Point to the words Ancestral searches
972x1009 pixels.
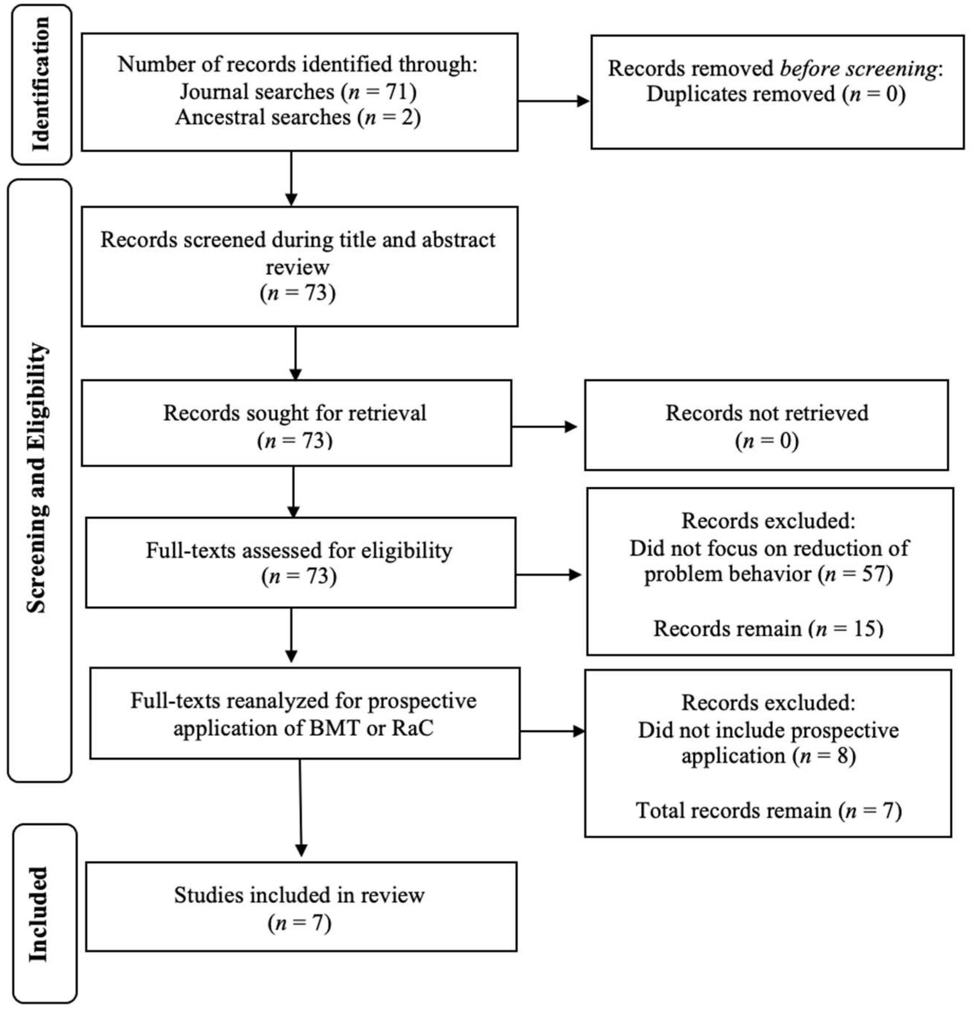tap(263, 117)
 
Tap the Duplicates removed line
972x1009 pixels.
tap(775, 94)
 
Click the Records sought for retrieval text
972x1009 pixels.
tap(295, 413)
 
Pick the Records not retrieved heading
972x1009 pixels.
tap(766, 413)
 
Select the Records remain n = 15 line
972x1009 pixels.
tap(768, 628)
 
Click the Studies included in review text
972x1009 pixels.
tap(299, 895)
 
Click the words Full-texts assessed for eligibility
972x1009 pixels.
tap(299, 550)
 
